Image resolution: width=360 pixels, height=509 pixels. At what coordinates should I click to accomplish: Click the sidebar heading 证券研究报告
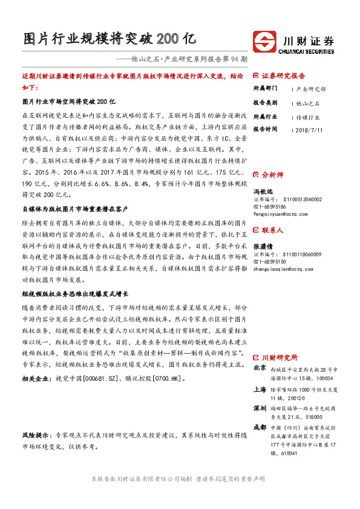283,76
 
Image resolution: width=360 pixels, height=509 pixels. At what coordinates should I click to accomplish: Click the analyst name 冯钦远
261,191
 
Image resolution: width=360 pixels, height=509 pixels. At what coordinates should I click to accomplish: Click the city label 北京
259,368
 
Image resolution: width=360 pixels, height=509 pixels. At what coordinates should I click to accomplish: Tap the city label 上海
259,391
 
